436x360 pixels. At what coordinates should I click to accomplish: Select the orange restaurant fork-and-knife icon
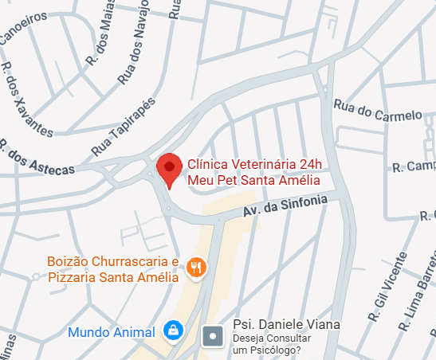pyautogui.click(x=196, y=268)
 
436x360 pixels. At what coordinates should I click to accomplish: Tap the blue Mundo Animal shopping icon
pyautogui.click(x=172, y=330)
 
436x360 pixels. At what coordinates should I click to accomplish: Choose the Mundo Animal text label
pyautogui.click(x=112, y=331)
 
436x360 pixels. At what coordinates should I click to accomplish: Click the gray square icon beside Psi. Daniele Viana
pyautogui.click(x=214, y=335)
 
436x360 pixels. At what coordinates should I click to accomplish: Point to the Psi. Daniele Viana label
pyautogui.click(x=285, y=325)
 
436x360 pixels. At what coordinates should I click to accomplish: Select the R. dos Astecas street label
pyautogui.click(x=37, y=158)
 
